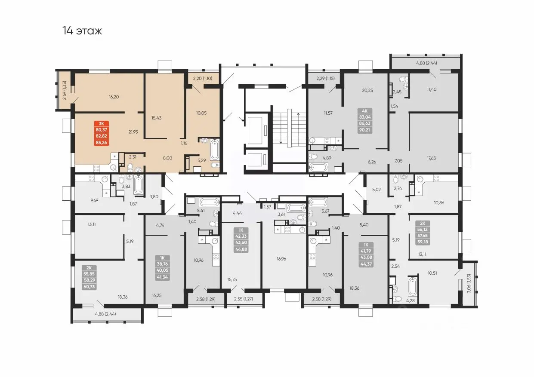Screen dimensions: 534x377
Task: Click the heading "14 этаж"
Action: tap(82, 31)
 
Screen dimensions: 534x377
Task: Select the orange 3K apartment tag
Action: tap(101, 133)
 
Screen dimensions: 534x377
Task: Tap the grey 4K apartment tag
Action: tap(364, 121)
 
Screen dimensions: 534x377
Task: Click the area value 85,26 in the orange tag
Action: tap(101, 143)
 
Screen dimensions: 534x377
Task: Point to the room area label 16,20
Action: tap(114, 97)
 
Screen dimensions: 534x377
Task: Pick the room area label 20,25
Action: tap(367, 90)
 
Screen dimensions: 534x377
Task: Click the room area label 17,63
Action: tap(431, 158)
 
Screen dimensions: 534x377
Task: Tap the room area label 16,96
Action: tap(281, 259)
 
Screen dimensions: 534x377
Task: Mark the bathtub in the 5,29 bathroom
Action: tap(215, 150)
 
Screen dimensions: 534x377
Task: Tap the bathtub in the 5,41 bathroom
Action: tap(209, 202)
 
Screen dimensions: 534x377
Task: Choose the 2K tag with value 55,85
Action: tap(89, 277)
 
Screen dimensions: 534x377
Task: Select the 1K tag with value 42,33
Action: tap(241, 240)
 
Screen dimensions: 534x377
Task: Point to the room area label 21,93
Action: tap(133, 132)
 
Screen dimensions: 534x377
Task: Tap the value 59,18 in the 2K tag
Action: tap(423, 242)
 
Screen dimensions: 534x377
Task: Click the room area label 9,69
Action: tap(94, 200)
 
